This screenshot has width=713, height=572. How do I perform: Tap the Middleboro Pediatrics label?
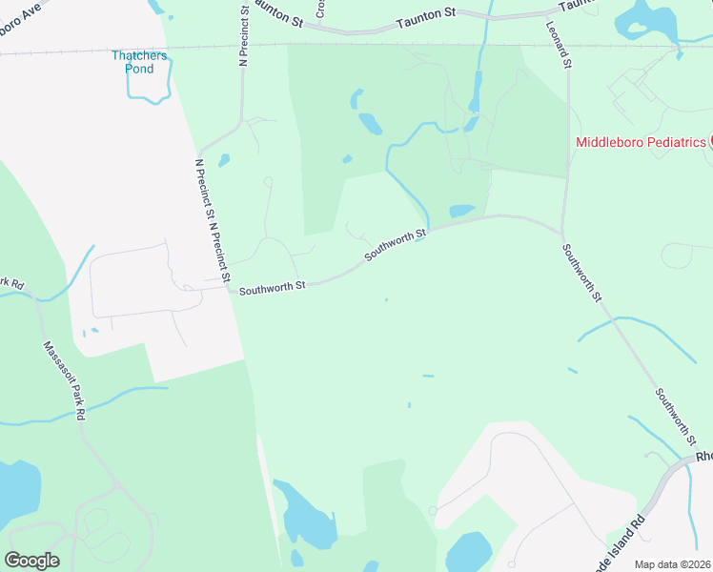tap(641, 142)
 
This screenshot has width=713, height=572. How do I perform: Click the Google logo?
tap(31, 561)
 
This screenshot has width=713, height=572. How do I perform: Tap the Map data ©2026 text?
tap(672, 564)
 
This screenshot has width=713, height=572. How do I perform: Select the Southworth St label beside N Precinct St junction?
tap(272, 286)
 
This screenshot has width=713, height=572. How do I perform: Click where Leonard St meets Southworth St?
tap(563, 233)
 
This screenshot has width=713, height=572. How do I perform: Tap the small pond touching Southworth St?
tap(461, 211)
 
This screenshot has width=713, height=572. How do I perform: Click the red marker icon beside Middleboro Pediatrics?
tap(710, 142)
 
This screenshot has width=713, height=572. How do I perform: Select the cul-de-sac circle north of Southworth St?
tap(268, 181)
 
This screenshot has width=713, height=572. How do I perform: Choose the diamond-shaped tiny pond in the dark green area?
tap(346, 158)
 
